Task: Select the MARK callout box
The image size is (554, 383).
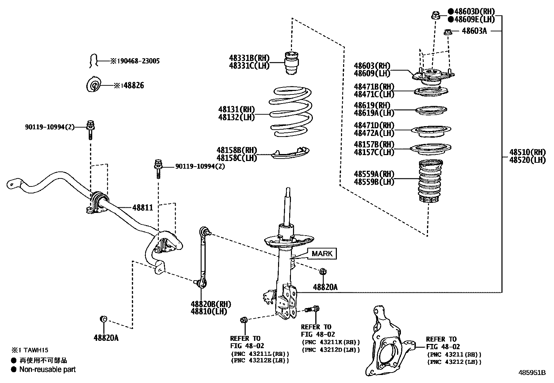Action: pos(322,253)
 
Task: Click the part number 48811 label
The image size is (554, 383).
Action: pos(143,208)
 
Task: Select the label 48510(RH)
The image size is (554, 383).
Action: pos(528,152)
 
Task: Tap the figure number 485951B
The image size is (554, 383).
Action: pos(531,373)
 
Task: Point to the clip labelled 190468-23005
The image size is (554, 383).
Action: pos(93,61)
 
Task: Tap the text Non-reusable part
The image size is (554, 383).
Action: pos(47,369)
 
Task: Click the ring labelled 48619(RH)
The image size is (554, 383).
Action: pos(432,110)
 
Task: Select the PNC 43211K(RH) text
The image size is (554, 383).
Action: pos(331,343)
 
